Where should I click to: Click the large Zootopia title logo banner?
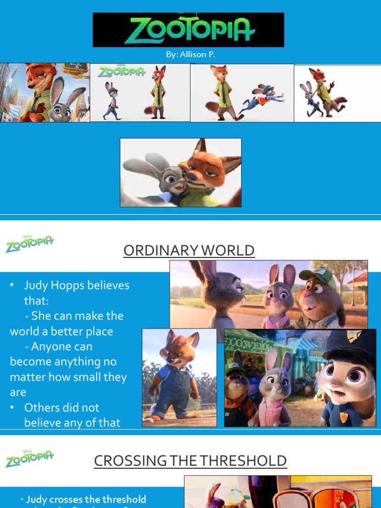[188, 30]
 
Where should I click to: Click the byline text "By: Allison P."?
[190, 55]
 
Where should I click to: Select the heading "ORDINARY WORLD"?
[189, 251]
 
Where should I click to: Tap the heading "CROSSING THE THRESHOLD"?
[190, 461]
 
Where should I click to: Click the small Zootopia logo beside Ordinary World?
[29, 244]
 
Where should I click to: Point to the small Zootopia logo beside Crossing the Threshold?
[29, 458]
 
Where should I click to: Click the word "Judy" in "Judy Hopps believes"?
[35, 285]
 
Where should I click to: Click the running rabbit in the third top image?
[261, 99]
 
